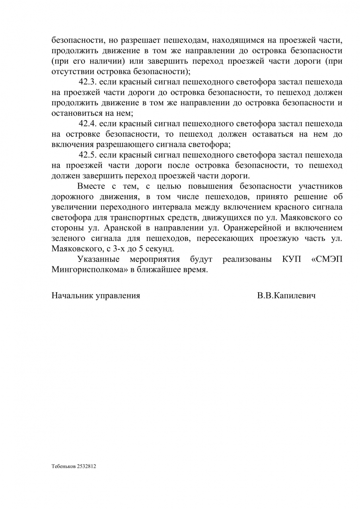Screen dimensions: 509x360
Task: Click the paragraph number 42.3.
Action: (87, 82)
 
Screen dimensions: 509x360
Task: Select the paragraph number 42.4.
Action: (87, 124)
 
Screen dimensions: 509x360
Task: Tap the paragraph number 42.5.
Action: (87, 155)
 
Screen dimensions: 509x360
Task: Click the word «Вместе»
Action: (91, 186)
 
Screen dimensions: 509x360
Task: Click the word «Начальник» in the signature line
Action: (72, 295)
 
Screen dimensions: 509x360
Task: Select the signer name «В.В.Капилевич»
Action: (286, 295)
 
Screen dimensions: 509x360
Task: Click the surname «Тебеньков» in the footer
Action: (62, 466)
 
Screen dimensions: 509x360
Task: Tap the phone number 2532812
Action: (86, 466)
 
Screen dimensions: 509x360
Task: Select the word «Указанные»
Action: (99, 259)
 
